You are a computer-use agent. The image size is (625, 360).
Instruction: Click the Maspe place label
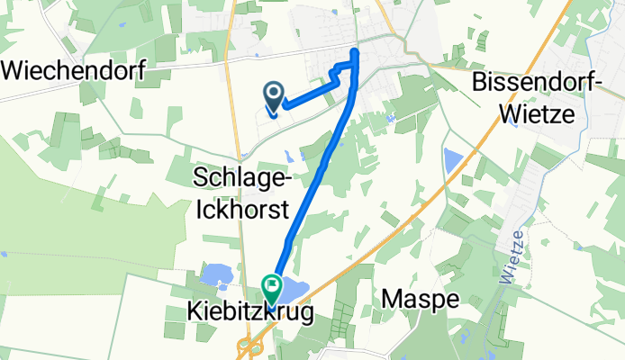pyautogui.click(x=416, y=298)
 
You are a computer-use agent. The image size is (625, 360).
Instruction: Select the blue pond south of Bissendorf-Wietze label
pyautogui.click(x=452, y=162)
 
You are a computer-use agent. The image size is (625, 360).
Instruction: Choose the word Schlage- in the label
pyautogui.click(x=243, y=180)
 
